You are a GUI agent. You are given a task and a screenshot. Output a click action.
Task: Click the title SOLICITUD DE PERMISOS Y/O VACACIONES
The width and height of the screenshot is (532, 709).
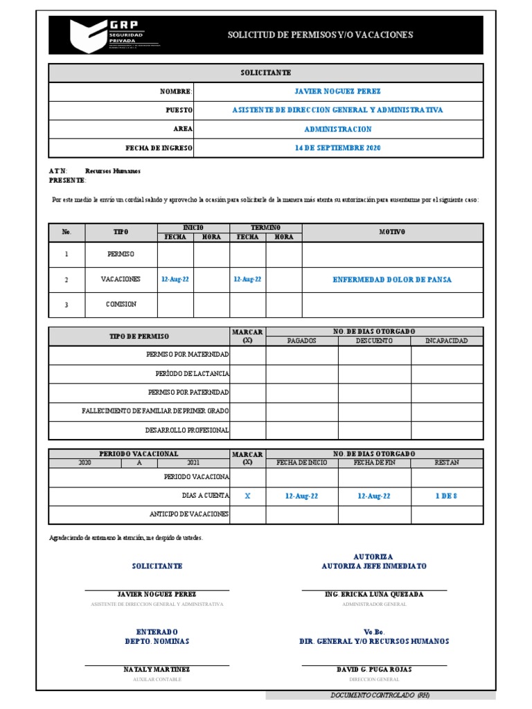click(320, 35)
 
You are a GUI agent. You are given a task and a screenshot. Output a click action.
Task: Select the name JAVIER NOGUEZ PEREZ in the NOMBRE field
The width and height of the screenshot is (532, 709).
click(337, 91)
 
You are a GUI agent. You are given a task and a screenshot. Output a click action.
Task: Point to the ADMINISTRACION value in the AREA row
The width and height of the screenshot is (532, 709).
click(337, 129)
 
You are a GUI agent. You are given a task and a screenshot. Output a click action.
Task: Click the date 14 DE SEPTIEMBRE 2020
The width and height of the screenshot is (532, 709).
click(337, 148)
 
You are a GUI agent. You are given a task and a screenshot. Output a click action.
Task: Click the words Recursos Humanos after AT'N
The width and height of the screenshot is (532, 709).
click(113, 171)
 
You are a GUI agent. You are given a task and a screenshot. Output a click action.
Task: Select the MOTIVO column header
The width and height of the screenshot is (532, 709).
click(392, 232)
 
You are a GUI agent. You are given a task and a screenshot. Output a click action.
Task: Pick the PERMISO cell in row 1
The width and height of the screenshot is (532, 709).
click(121, 254)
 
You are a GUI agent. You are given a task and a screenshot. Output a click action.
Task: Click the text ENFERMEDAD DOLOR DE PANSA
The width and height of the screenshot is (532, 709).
click(392, 280)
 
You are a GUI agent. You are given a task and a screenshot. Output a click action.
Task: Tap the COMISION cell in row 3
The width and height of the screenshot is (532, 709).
click(121, 304)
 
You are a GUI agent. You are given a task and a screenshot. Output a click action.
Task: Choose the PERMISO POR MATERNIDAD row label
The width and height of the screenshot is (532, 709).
click(188, 354)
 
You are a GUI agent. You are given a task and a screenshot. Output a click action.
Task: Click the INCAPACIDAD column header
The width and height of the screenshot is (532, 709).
click(446, 341)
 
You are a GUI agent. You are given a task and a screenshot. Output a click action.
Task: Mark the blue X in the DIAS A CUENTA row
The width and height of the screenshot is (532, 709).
click(248, 496)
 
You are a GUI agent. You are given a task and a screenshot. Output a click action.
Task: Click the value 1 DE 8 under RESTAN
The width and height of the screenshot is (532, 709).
click(446, 496)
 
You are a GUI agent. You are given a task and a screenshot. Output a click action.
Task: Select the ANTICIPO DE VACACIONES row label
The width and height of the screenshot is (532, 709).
click(189, 514)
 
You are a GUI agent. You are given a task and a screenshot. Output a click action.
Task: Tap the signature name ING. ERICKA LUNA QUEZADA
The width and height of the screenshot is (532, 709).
click(373, 595)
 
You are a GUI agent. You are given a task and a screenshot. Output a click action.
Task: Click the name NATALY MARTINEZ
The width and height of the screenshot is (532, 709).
click(157, 670)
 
